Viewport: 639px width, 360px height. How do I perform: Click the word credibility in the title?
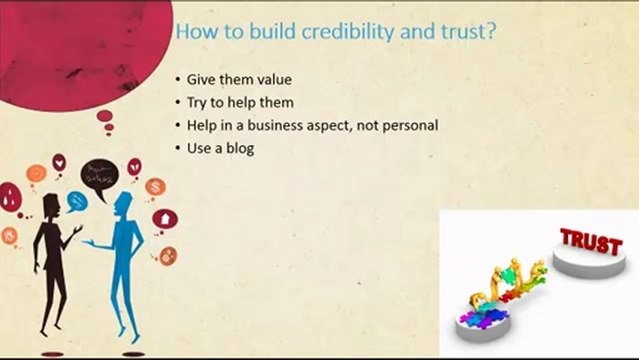(x=348, y=31)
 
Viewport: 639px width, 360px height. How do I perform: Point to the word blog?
(x=240, y=148)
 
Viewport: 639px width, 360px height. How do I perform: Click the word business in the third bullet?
(x=275, y=125)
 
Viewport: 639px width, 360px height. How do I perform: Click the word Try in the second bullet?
(x=196, y=103)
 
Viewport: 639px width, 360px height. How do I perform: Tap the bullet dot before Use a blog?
(x=178, y=148)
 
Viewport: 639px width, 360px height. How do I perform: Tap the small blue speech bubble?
(x=76, y=202)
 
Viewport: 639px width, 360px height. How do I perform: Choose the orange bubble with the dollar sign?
(x=155, y=188)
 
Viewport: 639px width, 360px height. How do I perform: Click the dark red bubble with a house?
(x=165, y=220)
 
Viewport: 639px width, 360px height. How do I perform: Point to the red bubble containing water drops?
(x=10, y=198)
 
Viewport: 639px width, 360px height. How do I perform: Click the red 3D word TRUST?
(x=591, y=241)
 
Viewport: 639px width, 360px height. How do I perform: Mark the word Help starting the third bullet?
(x=202, y=126)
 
